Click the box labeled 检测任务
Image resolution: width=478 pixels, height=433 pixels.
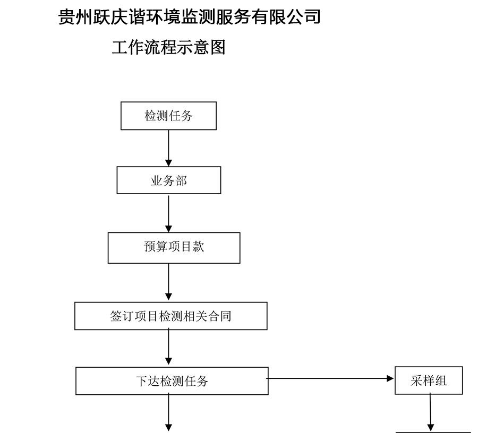pyautogui.click(x=168, y=116)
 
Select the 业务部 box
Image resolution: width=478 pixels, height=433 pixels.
pyautogui.click(x=168, y=180)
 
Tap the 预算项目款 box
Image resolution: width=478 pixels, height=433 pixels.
pyautogui.click(x=174, y=248)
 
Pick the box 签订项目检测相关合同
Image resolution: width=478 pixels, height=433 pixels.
pyautogui.click(x=170, y=316)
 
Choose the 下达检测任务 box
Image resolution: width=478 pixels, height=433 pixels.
pyautogui.click(x=172, y=381)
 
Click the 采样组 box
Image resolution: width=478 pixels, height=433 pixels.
pyautogui.click(x=429, y=380)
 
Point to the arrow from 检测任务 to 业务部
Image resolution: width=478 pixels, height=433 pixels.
pyautogui.click(x=168, y=148)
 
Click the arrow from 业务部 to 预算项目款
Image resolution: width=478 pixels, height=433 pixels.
pyautogui.click(x=168, y=214)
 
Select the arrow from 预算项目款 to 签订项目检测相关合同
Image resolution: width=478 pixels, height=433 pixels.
pyautogui.click(x=168, y=282)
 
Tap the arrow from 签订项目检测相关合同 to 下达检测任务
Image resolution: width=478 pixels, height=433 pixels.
pyautogui.click(x=168, y=347)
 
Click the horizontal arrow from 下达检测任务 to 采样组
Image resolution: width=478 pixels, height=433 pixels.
pyautogui.click(x=330, y=378)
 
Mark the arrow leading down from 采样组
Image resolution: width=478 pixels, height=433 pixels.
pyautogui.click(x=430, y=412)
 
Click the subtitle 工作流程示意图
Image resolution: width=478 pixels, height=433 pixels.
pyautogui.click(x=168, y=48)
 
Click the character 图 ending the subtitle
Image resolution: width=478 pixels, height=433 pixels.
pyautogui.click(x=218, y=48)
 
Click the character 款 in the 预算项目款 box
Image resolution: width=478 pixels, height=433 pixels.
pyautogui.click(x=198, y=246)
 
